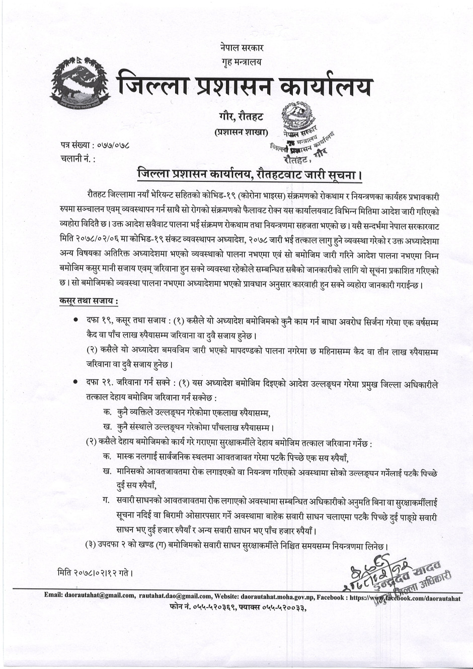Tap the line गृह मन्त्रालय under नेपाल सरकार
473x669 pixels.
241,62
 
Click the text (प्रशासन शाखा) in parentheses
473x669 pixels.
238,132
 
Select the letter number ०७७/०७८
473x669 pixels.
111,146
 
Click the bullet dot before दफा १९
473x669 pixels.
75,320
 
